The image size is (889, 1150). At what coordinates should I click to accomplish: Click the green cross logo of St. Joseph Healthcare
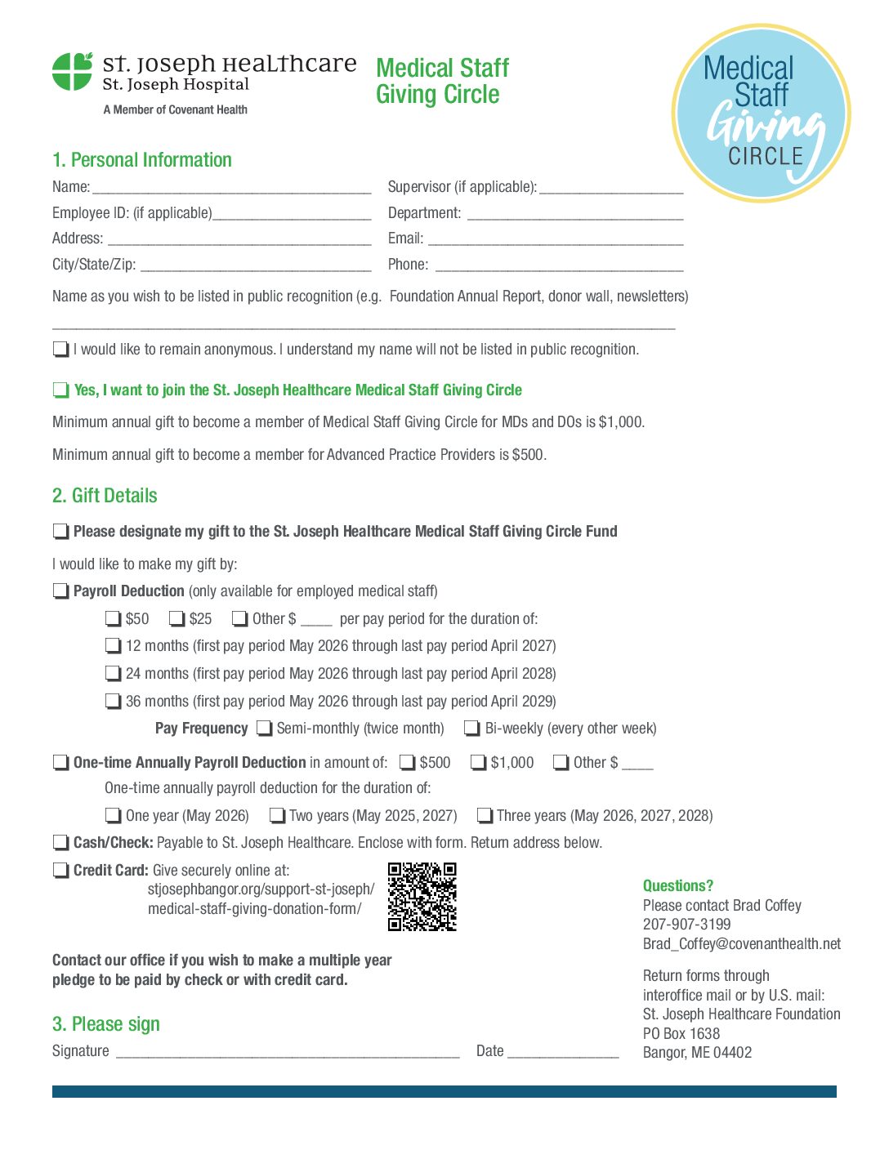[x=72, y=71]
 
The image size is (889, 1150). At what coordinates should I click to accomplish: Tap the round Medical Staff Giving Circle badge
[x=761, y=113]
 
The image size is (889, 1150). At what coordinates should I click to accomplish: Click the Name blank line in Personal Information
[x=231, y=189]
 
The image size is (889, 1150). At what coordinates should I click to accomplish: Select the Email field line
[x=556, y=240]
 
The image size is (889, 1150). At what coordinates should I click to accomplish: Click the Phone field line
[x=559, y=266]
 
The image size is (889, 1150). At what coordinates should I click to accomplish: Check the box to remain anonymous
[x=60, y=350]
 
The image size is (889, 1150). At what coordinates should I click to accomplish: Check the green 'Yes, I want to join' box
[x=60, y=390]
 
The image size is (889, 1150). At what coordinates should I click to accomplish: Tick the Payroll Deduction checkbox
[x=60, y=591]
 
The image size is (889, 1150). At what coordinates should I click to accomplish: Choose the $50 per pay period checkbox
[x=113, y=619]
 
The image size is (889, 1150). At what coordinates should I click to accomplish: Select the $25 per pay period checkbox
[x=176, y=619]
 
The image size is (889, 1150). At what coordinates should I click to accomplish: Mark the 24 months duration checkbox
[x=113, y=674]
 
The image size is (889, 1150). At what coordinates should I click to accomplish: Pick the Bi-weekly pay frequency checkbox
[x=471, y=729]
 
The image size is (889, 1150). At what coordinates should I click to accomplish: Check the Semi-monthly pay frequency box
[x=264, y=729]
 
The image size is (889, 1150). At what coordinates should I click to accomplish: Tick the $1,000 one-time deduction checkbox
[x=478, y=763]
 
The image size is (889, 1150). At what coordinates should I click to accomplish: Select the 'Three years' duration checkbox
[x=485, y=816]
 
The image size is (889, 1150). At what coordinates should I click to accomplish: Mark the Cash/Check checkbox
[x=60, y=843]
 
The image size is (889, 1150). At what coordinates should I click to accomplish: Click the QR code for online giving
[x=422, y=897]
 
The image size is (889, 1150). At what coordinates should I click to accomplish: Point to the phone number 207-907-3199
[x=686, y=925]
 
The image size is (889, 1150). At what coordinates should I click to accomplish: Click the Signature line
[x=288, y=1053]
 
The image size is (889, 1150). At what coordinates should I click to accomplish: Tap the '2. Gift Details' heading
[x=105, y=496]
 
